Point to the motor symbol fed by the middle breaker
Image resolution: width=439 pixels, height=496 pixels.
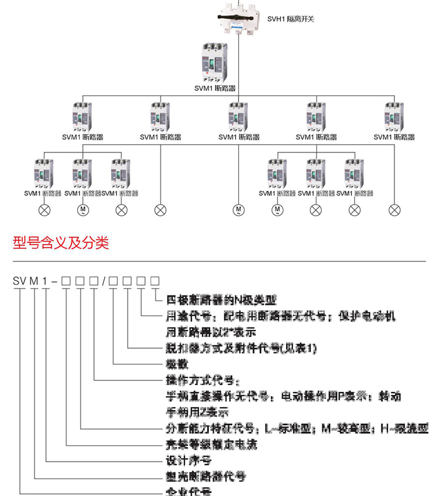pos(238,209)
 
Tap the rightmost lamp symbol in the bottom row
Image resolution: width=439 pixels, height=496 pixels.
pos(394,209)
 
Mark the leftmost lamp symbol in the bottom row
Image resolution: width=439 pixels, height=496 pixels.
pos(45,209)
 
